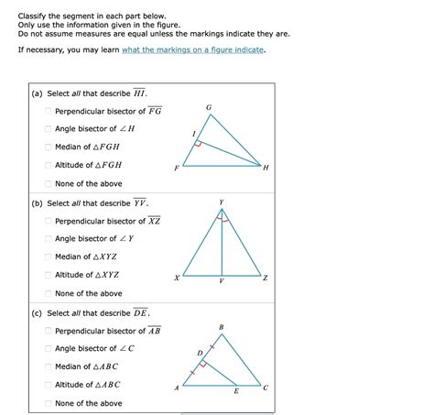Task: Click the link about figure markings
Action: click(192, 50)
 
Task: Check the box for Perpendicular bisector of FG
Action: click(49, 111)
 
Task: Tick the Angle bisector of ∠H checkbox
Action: click(49, 129)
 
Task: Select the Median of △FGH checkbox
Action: click(49, 147)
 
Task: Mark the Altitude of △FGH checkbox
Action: click(49, 165)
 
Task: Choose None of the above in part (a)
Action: click(49, 183)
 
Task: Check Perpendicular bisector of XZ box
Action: click(49, 221)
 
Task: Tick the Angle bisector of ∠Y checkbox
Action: click(49, 238)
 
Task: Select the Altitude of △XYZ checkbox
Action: click(49, 275)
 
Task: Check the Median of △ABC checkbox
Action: click(49, 366)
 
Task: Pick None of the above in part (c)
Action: click(49, 403)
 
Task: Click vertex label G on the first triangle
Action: click(209, 108)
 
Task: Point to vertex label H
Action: click(266, 169)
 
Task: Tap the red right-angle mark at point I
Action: click(199, 145)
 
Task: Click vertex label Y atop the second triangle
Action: click(221, 202)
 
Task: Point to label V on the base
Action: click(221, 282)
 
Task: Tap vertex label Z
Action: click(266, 278)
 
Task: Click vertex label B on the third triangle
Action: click(221, 327)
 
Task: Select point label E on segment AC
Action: click(235, 391)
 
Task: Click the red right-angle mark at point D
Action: click(205, 363)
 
